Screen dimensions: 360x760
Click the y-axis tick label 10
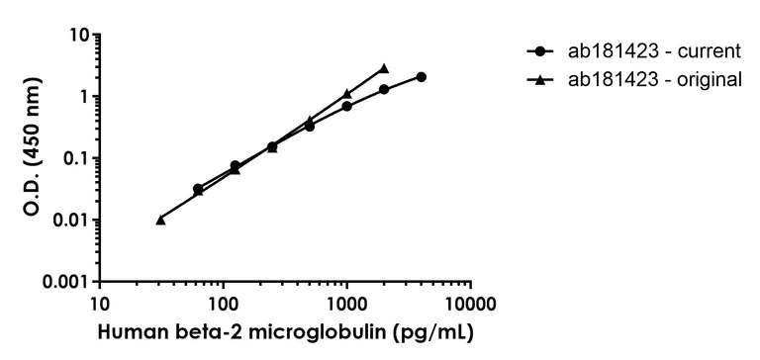pyautogui.click(x=80, y=36)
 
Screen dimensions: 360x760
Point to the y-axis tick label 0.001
pyautogui.click(x=66, y=282)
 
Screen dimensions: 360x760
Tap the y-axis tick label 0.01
pyautogui.click(x=71, y=220)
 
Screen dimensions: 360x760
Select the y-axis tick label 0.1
pyautogui.click(x=75, y=158)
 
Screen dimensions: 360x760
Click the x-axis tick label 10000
pyautogui.click(x=469, y=302)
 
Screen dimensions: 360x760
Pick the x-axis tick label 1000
pyautogui.click(x=346, y=302)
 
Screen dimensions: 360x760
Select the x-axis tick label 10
pyautogui.click(x=99, y=302)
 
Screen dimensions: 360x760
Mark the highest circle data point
pyautogui.click(x=422, y=77)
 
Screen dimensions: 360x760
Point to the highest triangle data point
pyautogui.click(x=384, y=68)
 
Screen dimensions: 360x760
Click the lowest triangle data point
pyautogui.click(x=160, y=220)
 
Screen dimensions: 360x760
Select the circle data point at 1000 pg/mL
pyautogui.click(x=346, y=106)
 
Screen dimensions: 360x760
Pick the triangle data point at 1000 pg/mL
pyautogui.click(x=346, y=94)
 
